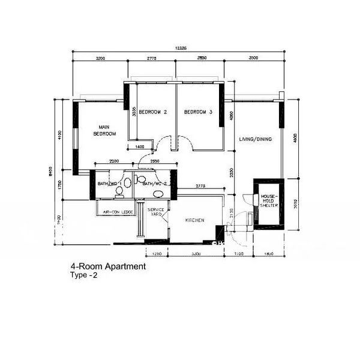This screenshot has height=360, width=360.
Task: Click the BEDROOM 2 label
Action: pyautogui.click(x=152, y=112)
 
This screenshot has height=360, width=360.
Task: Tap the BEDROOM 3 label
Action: pyautogui.click(x=198, y=112)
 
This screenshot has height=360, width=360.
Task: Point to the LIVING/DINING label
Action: pyautogui.click(x=256, y=139)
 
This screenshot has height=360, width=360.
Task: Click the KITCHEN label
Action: pyautogui.click(x=195, y=221)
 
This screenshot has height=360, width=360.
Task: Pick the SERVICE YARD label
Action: pyautogui.click(x=156, y=212)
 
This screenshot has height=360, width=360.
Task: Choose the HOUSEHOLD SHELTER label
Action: pyautogui.click(x=267, y=201)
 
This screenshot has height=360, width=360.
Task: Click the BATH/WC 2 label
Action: pyautogui.click(x=154, y=184)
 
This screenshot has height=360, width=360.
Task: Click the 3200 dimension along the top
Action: pyautogui.click(x=100, y=58)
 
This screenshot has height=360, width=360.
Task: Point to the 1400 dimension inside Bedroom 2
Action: pyautogui.click(x=139, y=147)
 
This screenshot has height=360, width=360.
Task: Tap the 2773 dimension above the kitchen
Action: pyautogui.click(x=200, y=187)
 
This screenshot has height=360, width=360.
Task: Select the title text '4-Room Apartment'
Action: pyautogui.click(x=107, y=267)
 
